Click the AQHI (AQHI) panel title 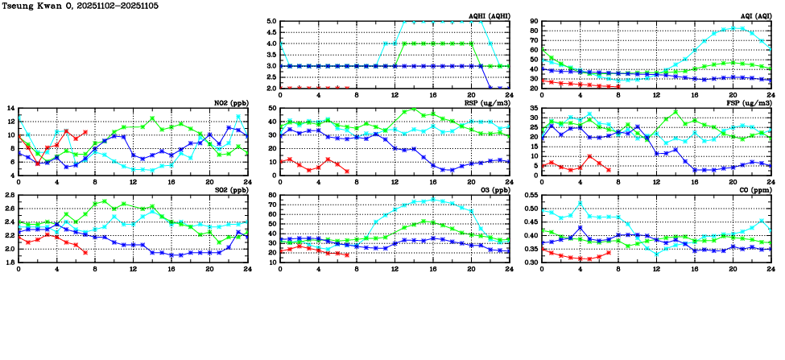point(489,16)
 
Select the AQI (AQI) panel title point(754,16)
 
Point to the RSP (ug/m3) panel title point(486,103)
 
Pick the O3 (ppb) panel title point(492,190)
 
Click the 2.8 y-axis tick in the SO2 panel point(9,196)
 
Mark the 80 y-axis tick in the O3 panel point(272,196)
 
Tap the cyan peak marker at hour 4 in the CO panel point(580,203)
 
